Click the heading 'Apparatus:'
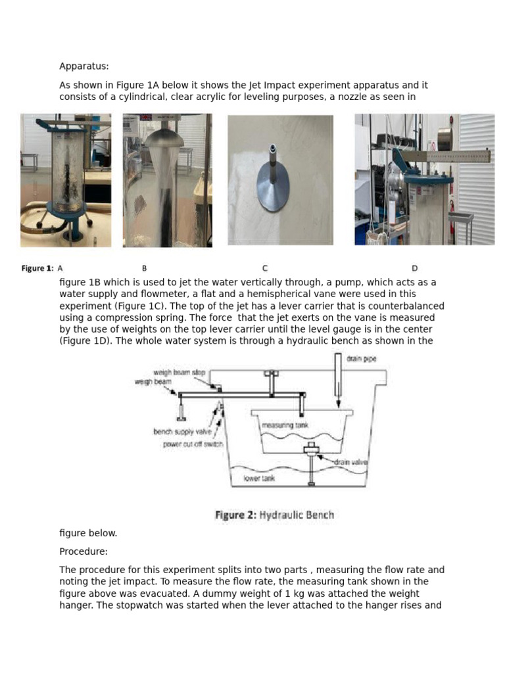pyautogui.click(x=84, y=66)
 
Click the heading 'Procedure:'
pyautogui.click(x=84, y=551)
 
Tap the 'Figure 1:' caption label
pyautogui.click(x=37, y=268)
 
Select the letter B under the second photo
pyautogui.click(x=144, y=268)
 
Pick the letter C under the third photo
pyautogui.click(x=264, y=268)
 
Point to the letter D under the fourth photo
pyautogui.click(x=414, y=268)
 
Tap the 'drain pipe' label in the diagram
pyautogui.click(x=362, y=359)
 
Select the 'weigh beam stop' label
pyautogui.click(x=179, y=373)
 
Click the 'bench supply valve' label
pyautogui.click(x=182, y=432)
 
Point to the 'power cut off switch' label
pyautogui.click(x=193, y=444)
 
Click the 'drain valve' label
pyautogui.click(x=350, y=462)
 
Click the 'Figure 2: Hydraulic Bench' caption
pyautogui.click(x=274, y=515)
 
